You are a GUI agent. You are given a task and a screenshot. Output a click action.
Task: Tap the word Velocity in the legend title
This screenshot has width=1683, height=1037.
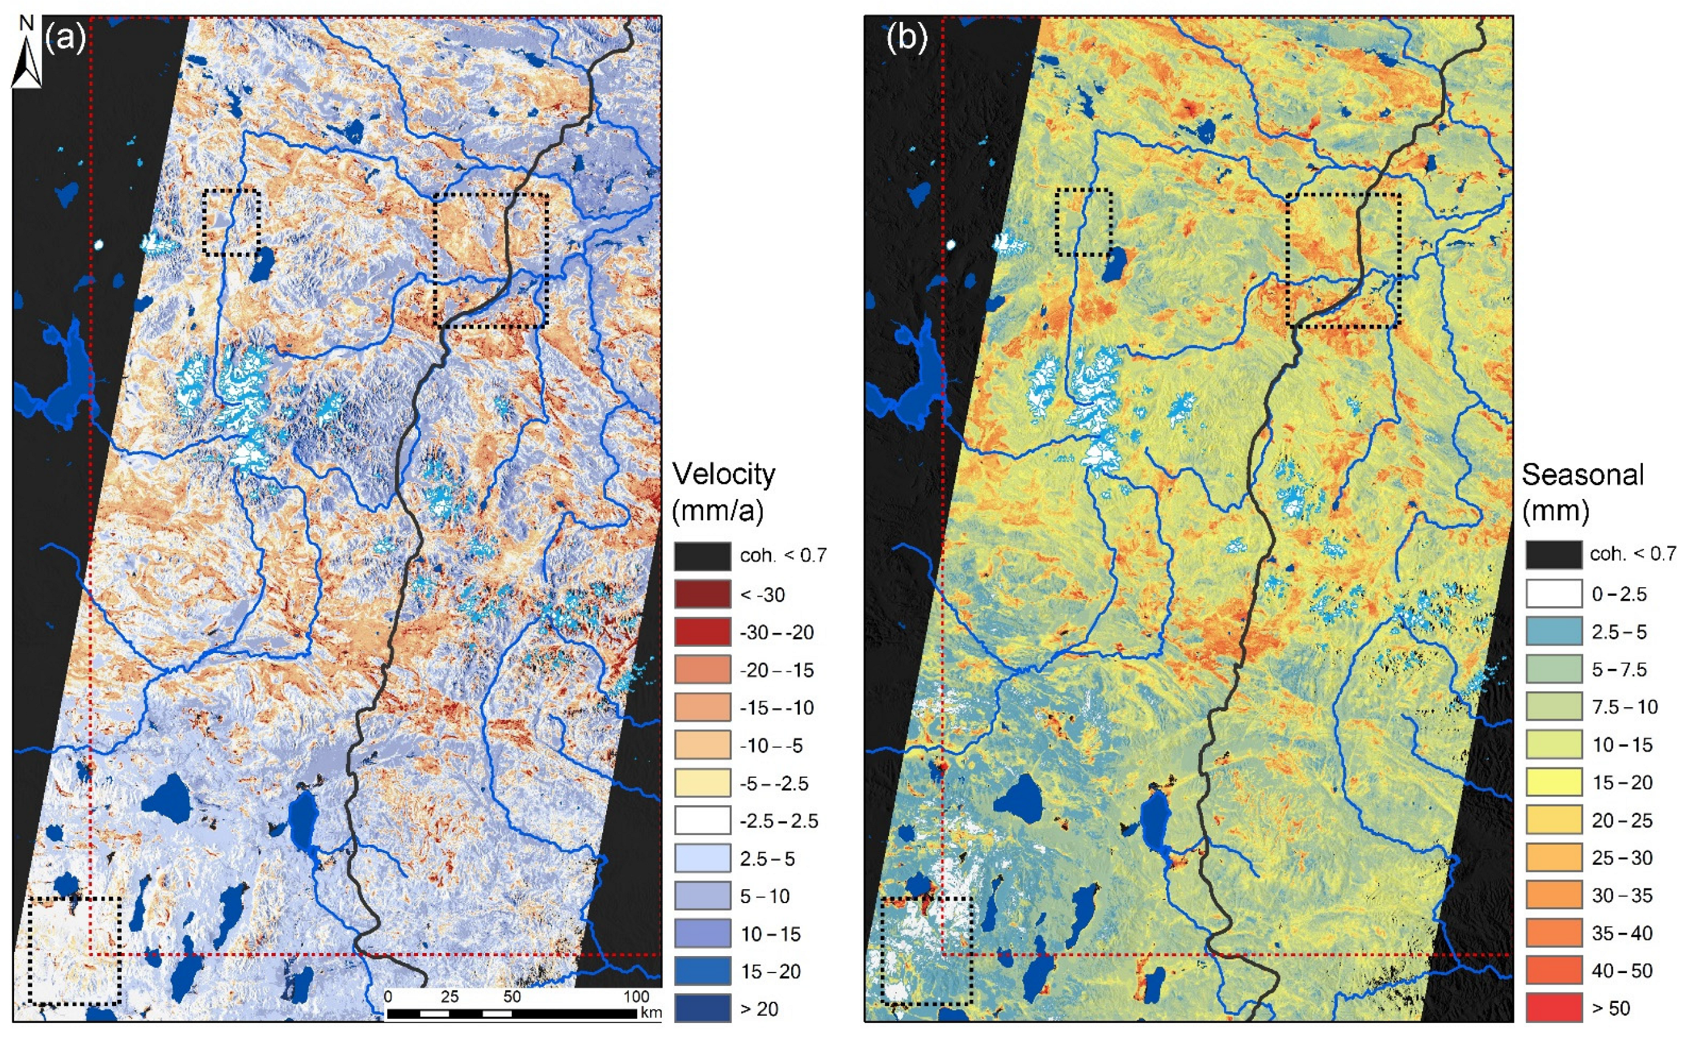[724, 474]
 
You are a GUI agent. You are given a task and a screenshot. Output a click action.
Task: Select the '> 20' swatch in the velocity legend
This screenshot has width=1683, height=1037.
[702, 1008]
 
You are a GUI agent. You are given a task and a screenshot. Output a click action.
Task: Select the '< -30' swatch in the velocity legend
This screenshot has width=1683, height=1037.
[702, 594]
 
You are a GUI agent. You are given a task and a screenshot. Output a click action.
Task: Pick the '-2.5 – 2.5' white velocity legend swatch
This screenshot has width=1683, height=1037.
[702, 820]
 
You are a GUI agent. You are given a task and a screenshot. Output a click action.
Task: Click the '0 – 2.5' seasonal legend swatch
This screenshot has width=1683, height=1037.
[1554, 593]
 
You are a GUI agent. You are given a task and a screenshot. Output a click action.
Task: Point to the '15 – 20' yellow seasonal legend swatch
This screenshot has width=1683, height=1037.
[1554, 782]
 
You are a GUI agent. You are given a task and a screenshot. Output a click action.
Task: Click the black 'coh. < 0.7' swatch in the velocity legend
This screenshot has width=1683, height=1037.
[702, 556]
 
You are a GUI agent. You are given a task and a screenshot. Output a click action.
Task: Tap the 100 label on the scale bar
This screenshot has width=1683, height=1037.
[637, 997]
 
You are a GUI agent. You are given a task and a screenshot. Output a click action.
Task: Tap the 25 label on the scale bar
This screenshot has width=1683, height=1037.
[449, 997]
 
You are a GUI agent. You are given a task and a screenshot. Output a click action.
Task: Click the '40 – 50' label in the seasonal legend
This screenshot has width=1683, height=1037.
[1622, 971]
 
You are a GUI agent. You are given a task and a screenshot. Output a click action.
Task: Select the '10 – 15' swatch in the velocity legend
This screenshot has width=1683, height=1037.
[702, 934]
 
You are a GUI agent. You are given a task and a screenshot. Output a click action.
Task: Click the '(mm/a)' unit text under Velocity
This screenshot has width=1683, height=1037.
[718, 511]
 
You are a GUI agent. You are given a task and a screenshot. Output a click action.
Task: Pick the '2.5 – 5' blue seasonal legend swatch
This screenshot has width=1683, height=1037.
[1554, 631]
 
